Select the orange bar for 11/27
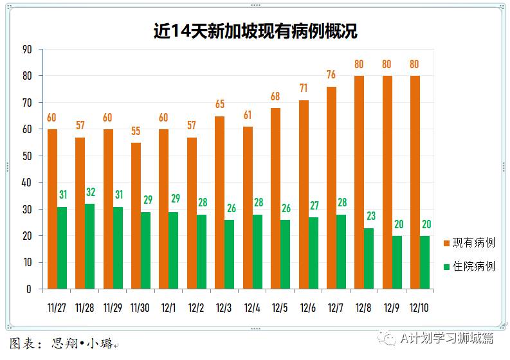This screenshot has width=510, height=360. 52,209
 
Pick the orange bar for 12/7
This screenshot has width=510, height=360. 331,188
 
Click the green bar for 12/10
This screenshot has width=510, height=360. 424,262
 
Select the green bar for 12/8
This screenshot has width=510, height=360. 369,258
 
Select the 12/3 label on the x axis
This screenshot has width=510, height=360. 224,308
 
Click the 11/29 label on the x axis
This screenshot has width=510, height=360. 113,308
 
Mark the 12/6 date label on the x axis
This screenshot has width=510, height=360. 308,308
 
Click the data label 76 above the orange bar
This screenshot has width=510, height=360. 331,74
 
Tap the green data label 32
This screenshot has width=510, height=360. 90,192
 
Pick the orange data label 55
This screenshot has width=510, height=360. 136,130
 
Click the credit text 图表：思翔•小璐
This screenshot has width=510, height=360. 64,343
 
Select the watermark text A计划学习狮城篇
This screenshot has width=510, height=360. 446,337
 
